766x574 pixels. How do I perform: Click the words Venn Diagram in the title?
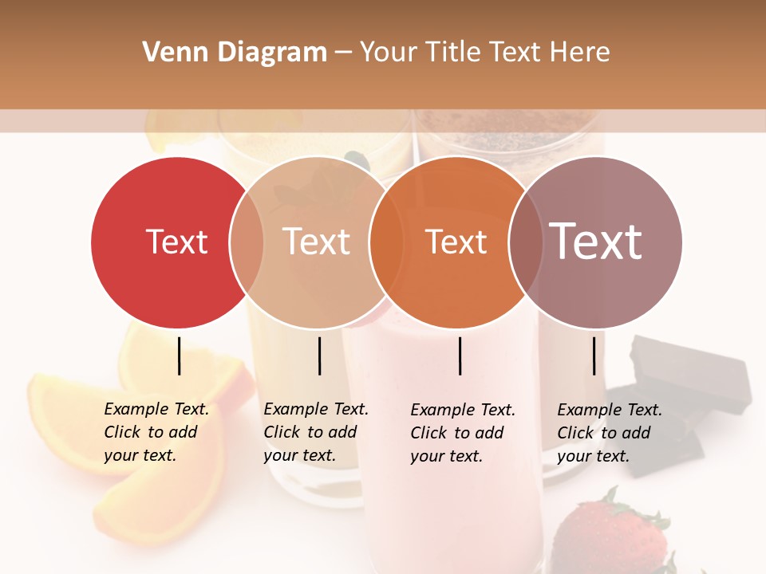[235, 53]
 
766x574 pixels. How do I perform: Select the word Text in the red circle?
[176, 242]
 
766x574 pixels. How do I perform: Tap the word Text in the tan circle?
[316, 242]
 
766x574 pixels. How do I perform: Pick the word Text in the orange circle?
[456, 242]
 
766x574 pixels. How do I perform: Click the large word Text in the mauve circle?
[596, 241]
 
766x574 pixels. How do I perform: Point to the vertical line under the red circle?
[179, 356]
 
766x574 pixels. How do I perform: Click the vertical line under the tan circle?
[319, 356]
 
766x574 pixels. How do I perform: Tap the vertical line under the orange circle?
[460, 356]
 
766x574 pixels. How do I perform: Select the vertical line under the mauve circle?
[594, 356]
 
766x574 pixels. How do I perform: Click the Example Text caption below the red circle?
[156, 432]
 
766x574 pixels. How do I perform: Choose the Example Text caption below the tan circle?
[316, 432]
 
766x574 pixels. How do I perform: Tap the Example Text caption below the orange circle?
[463, 433]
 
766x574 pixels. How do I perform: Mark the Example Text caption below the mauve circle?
[610, 433]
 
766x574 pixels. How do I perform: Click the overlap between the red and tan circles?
[247, 242]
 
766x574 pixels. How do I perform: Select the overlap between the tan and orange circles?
[386, 242]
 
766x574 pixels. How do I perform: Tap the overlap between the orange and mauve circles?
[526, 242]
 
